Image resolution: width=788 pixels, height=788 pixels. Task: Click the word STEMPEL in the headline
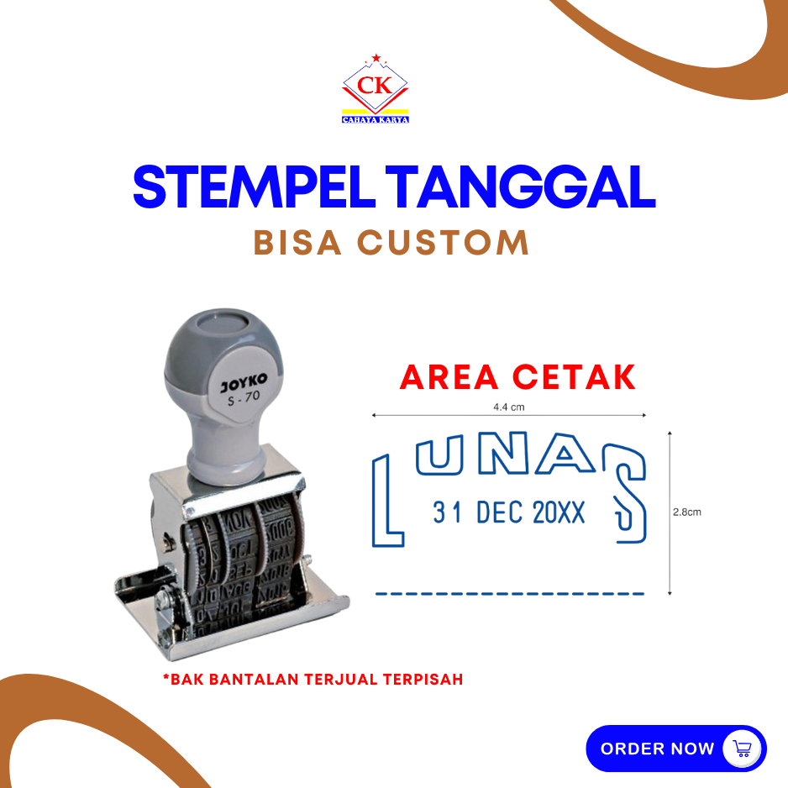254,186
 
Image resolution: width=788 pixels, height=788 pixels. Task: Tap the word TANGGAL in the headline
521,186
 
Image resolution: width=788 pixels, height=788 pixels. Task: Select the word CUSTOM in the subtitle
443,243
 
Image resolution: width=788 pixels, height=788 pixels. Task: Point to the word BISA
297,243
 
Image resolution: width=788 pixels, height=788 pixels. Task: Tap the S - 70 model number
244,398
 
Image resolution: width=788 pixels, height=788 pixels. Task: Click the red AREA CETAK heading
517,377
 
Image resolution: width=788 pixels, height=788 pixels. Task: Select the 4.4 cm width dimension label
508,407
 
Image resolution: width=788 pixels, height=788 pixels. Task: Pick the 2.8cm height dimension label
687,512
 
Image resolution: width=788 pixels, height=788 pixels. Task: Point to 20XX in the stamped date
559,512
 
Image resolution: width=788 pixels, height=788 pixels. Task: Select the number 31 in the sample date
447,512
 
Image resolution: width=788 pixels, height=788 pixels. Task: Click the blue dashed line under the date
510,594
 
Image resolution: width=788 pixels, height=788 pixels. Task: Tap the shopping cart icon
742,749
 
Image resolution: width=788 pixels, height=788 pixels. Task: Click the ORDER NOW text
657,749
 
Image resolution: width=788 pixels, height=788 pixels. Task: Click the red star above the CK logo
376,58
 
